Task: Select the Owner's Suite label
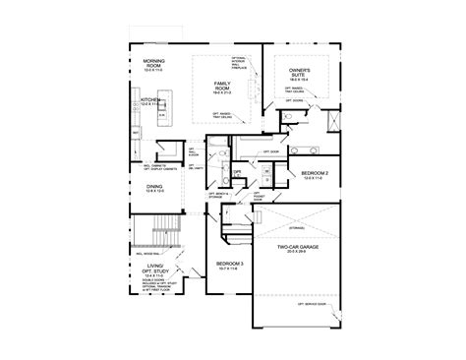pyautogui.click(x=301, y=75)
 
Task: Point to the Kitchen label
pyautogui.click(x=151, y=100)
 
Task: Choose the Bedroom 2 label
pyautogui.click(x=301, y=173)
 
